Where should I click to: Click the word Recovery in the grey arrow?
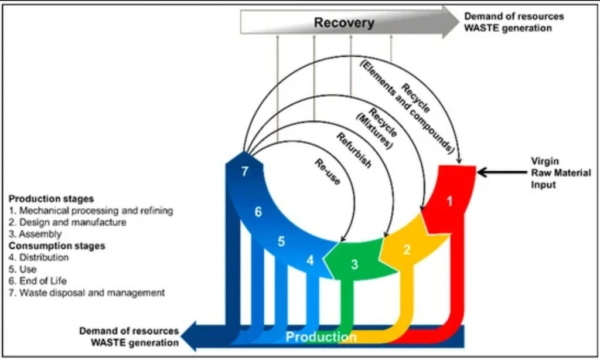(344, 23)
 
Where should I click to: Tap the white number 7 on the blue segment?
(246, 171)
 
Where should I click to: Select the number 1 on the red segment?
(450, 201)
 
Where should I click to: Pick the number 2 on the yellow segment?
(407, 249)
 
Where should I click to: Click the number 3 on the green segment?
(354, 264)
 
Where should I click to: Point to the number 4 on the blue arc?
(311, 260)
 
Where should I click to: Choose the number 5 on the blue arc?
(281, 241)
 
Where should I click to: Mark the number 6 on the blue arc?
(258, 212)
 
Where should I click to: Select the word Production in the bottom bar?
(321, 337)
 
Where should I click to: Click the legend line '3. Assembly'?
(35, 234)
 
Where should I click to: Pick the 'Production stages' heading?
(52, 199)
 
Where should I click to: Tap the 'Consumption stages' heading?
(57, 246)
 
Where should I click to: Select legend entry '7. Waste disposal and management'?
(87, 293)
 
